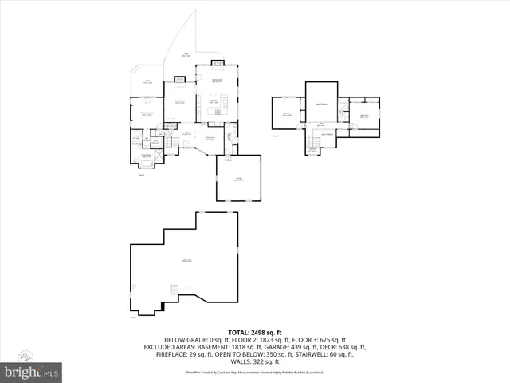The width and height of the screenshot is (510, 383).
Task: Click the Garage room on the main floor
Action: (238, 179)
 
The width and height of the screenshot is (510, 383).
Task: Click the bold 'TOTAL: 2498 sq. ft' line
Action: (255, 332)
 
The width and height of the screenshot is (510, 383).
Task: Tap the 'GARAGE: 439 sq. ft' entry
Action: (290, 347)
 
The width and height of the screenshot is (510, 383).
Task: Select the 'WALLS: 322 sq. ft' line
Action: (255, 362)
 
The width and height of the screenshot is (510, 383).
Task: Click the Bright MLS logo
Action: (31, 372)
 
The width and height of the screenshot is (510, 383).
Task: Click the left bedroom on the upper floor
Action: (287, 113)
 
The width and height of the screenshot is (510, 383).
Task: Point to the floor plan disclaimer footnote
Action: (255, 373)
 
